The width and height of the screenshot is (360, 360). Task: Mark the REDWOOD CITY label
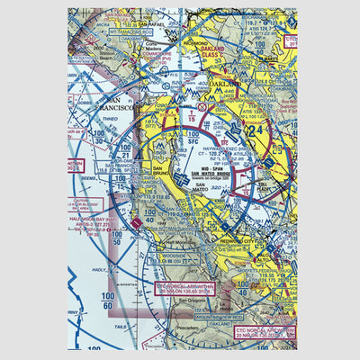[x=240, y=243]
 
